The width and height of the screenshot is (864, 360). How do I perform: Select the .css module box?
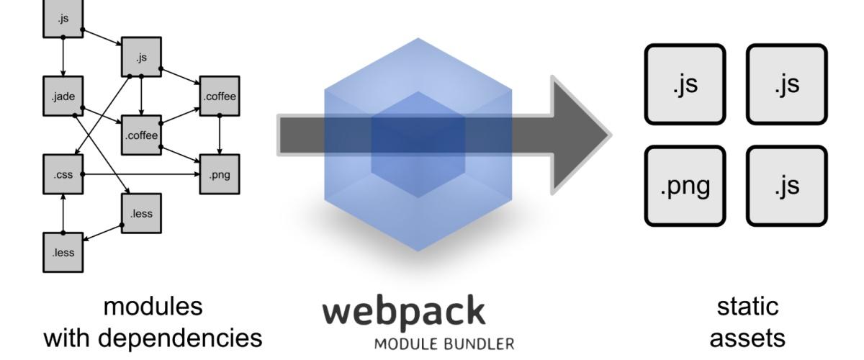pos(63,174)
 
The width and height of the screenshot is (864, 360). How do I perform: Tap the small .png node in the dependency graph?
pos(219,174)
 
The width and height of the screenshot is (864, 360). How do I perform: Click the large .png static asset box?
pos(685,185)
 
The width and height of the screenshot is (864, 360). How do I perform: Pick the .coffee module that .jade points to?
pos(141,135)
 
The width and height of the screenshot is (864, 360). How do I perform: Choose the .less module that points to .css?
pos(63,252)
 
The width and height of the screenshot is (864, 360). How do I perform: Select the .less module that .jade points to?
pos(141,213)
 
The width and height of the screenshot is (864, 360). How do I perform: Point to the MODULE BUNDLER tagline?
pos(444,343)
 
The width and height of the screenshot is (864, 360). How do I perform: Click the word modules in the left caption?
pos(153,306)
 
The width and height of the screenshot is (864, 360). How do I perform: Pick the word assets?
pos(748,338)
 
